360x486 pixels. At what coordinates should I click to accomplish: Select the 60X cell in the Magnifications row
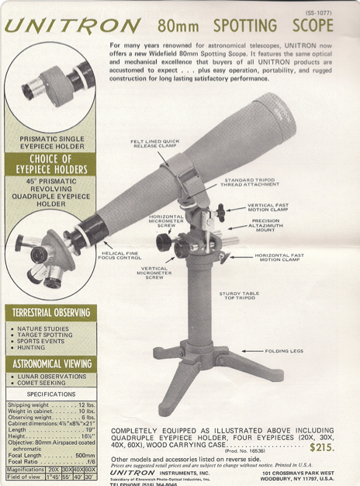(90, 469)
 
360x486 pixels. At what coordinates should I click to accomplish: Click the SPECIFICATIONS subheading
(50, 394)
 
